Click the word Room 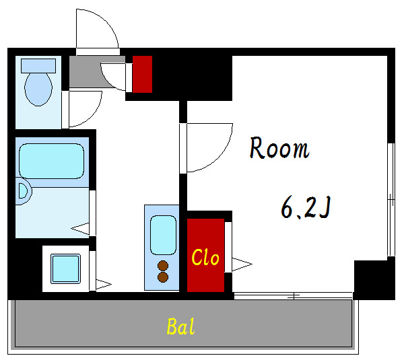point(279,148)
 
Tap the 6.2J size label point(306,207)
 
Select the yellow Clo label point(205,257)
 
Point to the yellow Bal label point(180,326)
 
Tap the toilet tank point(38,66)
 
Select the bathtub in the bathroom point(52,161)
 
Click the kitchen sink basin point(163,235)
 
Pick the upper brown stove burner point(163,266)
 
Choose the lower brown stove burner point(163,277)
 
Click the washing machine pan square point(65,269)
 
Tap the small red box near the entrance point(142,74)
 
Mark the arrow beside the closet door point(242,264)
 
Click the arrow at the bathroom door point(80,229)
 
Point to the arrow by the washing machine point(104,285)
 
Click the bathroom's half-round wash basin point(24,191)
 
